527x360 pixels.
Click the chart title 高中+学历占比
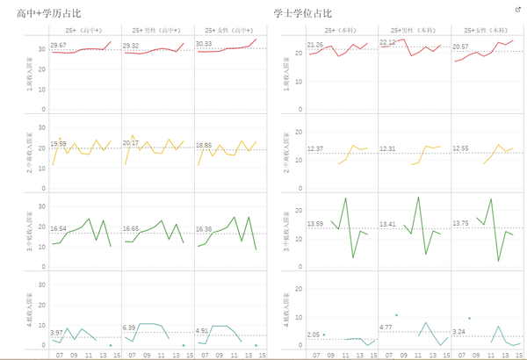click(x=49, y=12)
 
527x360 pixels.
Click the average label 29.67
click(x=59, y=45)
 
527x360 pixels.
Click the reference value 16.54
click(x=59, y=228)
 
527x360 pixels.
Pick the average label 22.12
click(x=387, y=42)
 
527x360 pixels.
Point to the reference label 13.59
click(x=314, y=224)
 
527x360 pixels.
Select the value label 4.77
click(x=386, y=328)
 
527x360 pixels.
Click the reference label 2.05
click(x=314, y=335)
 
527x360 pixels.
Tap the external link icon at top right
click(x=517, y=9)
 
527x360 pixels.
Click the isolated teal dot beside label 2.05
click(x=324, y=335)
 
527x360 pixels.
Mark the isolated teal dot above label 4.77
click(x=396, y=314)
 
